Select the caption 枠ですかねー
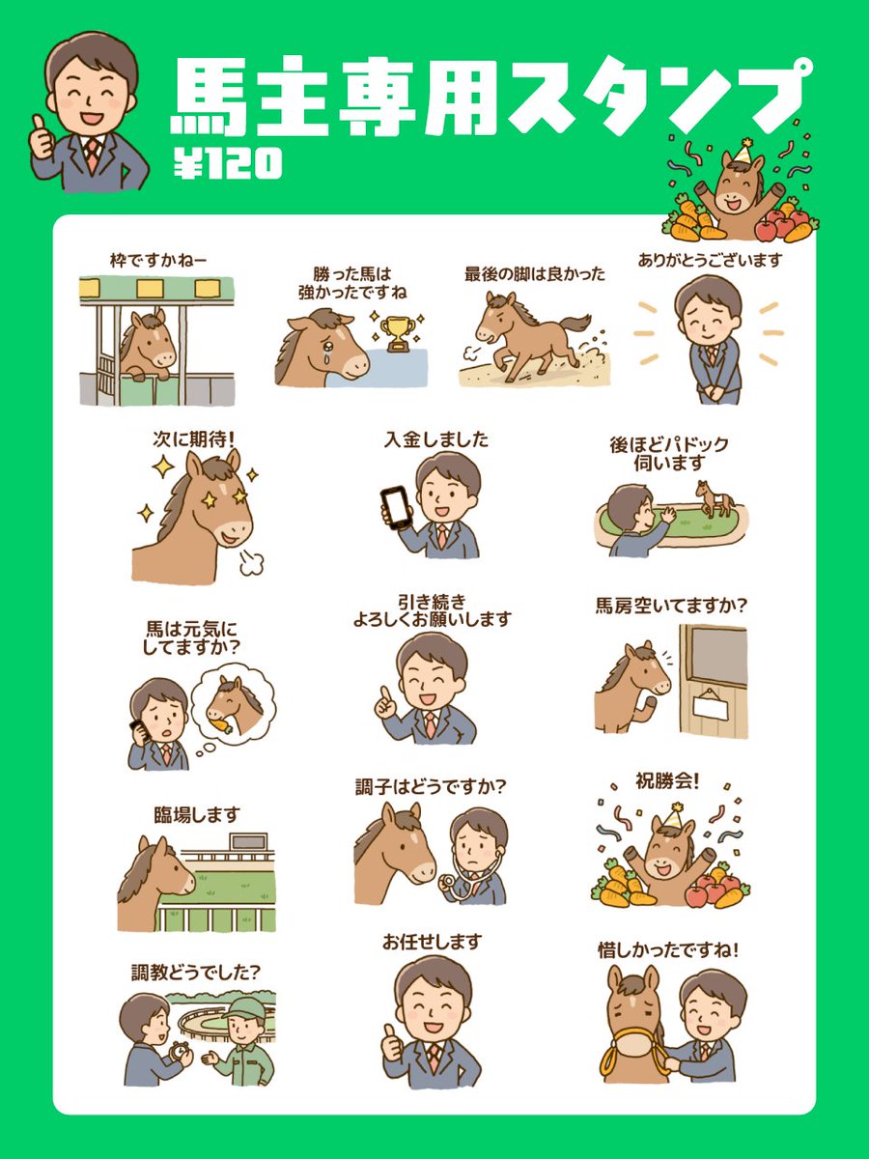click(157, 260)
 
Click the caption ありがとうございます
click(709, 260)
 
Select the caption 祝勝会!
click(665, 779)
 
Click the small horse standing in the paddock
click(715, 497)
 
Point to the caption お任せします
click(432, 942)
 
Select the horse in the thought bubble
click(233, 702)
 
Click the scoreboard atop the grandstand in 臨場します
click(248, 842)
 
